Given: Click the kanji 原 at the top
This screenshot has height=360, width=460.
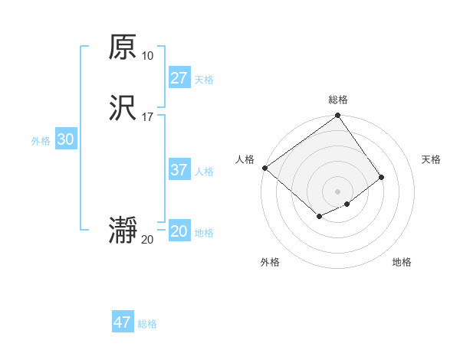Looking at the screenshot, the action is [x=123, y=47].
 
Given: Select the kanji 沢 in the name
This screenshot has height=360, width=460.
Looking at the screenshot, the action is [x=123, y=110].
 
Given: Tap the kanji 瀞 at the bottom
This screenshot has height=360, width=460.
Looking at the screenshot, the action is [x=123, y=231].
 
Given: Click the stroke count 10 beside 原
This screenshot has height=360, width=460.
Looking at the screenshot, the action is [x=147, y=56].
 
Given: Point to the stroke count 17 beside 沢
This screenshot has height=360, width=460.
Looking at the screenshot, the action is [x=147, y=117].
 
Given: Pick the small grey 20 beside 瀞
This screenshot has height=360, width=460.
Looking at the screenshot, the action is [x=147, y=240].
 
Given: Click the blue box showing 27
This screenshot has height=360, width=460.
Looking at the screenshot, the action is [x=179, y=77].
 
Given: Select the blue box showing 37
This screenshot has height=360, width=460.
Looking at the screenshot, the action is [x=179, y=170].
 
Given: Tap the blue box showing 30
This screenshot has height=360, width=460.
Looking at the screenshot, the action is [x=65, y=139].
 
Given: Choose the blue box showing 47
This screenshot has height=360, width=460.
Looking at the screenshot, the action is [x=123, y=322].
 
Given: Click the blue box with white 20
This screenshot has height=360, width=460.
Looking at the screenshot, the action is [x=179, y=231].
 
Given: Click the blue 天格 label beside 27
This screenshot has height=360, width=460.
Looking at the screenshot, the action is [x=204, y=80].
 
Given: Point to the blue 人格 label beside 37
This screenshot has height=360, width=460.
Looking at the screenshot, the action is [x=204, y=172].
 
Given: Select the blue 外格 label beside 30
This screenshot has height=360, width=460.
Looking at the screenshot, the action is [x=41, y=141].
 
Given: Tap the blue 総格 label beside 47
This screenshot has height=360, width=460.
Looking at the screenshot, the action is [x=147, y=324].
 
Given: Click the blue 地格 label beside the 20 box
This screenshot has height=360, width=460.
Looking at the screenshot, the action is [x=204, y=233].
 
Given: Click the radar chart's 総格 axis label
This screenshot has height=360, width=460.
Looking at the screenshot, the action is [x=338, y=100].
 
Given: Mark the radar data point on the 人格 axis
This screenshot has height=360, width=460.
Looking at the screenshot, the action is [x=264, y=168].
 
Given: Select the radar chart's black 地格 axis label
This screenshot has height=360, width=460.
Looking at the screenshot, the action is [x=402, y=262].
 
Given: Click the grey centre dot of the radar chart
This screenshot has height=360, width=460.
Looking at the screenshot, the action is [x=337, y=191].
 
